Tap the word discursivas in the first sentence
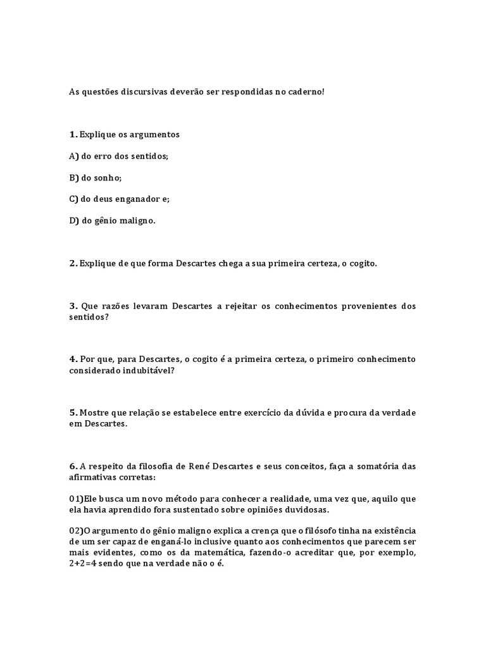(x=132, y=92)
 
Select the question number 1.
(x=73, y=134)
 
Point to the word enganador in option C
(x=132, y=199)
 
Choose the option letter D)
(x=74, y=220)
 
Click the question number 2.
(x=73, y=263)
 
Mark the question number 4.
(x=73, y=359)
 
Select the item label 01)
(x=76, y=499)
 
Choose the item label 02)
(x=76, y=530)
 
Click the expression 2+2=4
(x=84, y=563)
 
